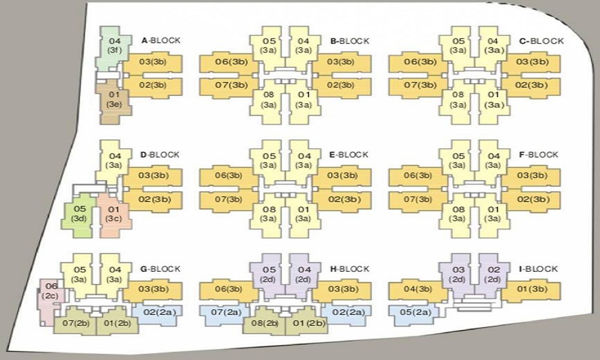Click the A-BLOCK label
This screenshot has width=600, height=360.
[x=160, y=41]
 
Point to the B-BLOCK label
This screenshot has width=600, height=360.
[x=349, y=41]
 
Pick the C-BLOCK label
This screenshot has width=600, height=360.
[x=541, y=41]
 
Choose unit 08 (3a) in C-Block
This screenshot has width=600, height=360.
[x=458, y=99]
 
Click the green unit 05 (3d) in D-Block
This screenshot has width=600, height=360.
[x=80, y=214]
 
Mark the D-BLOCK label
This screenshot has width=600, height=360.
[x=160, y=155]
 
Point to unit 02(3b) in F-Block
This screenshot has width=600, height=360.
[x=530, y=199]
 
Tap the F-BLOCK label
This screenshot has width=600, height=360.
[x=539, y=155]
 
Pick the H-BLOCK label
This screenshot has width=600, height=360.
[x=349, y=269]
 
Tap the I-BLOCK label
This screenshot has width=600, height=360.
[x=538, y=269]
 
